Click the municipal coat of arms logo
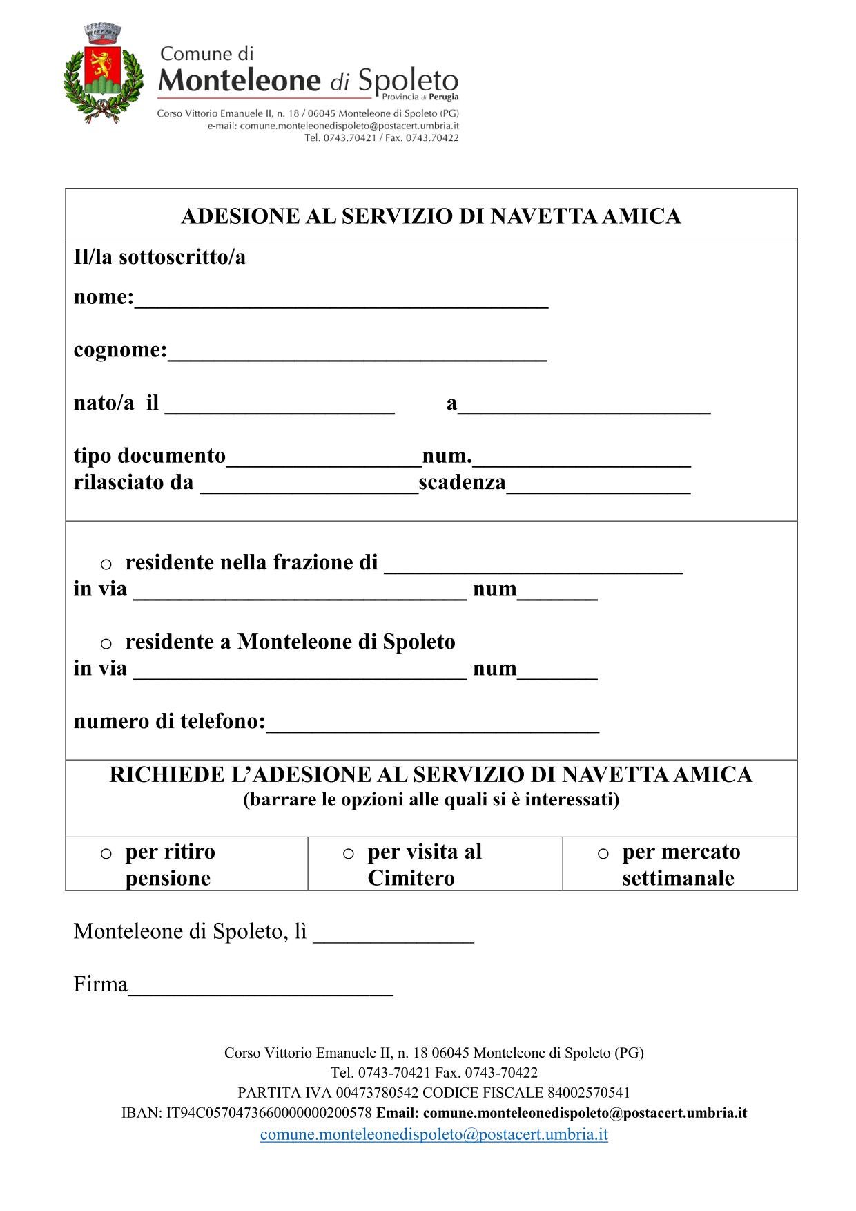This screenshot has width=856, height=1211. click(103, 75)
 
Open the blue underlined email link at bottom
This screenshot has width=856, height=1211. click(434, 1134)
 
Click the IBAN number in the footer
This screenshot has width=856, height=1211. click(269, 1113)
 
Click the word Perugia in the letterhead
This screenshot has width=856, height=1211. click(443, 97)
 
